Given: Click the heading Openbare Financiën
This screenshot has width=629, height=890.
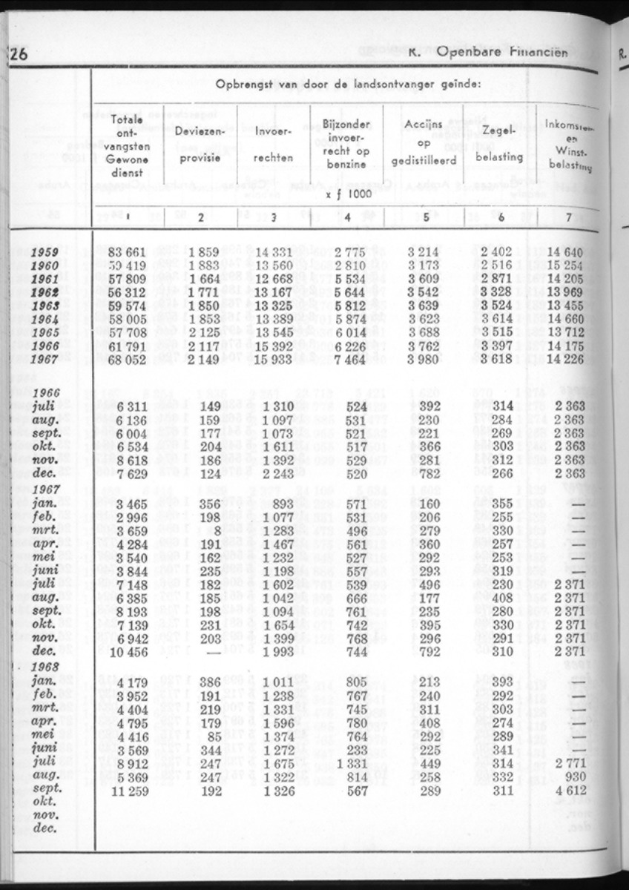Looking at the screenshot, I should [x=503, y=53].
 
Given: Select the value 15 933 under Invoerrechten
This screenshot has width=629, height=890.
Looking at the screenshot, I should [x=274, y=359].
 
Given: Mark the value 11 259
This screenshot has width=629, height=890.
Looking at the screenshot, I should [x=128, y=791].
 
